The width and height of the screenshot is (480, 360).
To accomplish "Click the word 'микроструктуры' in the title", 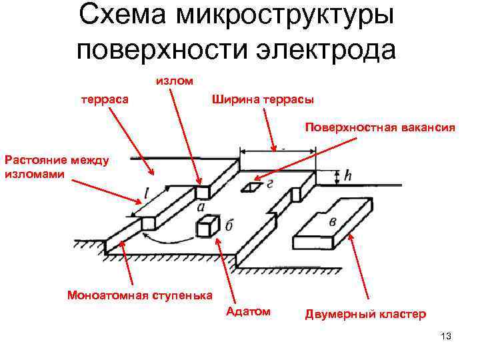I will coord(285,18).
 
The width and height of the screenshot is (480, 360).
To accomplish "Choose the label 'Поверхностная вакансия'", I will coord(380,127).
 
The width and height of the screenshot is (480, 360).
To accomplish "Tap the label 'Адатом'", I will coord(248,311).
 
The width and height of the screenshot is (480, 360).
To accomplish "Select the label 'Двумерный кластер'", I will coord(365,314).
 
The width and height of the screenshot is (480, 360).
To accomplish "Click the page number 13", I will coord(446,335).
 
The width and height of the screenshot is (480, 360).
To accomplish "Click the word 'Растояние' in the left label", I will coord(32,159).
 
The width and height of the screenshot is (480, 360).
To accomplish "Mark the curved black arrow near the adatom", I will coord(167,237).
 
